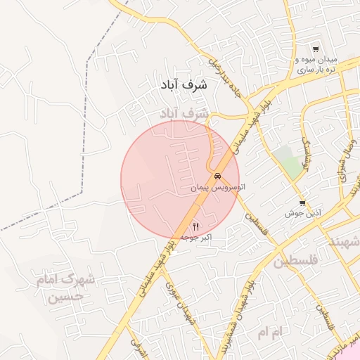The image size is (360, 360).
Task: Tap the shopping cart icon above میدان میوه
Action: tap(316, 50)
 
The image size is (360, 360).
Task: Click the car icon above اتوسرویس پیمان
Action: tap(219, 176)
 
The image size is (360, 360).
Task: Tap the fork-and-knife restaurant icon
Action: tap(195, 226)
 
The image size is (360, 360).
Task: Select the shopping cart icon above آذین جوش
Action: tap(302, 202)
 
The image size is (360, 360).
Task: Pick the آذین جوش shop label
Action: tap(302, 212)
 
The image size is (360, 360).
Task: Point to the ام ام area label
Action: tap(269, 330)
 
